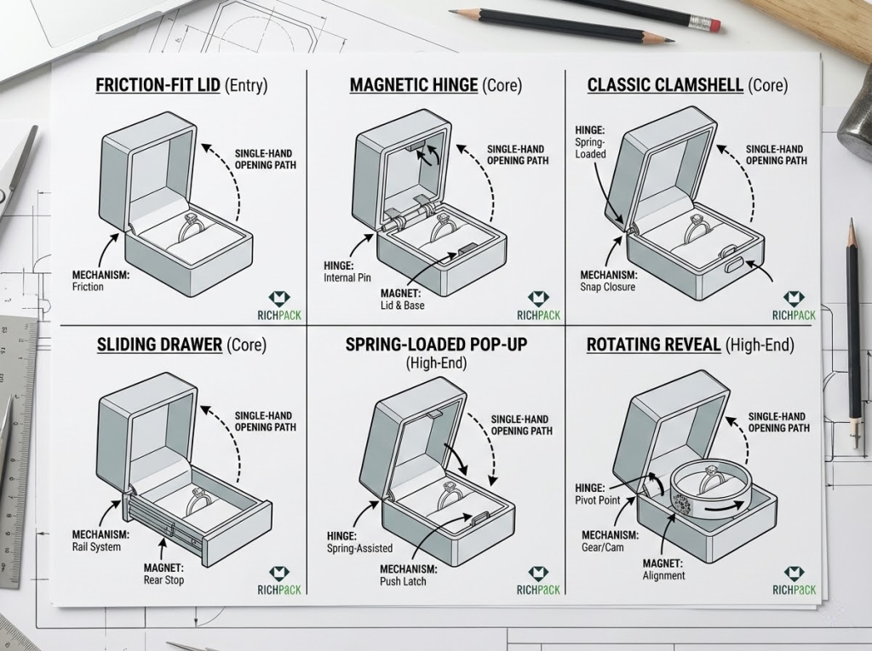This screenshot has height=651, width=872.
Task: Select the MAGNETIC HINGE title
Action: pyautogui.click(x=414, y=86)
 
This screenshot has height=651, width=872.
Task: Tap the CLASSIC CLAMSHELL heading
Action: pyautogui.click(x=665, y=86)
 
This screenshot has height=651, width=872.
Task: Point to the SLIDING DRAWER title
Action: pyautogui.click(x=160, y=345)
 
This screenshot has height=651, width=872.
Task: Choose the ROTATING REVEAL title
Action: pyautogui.click(x=654, y=345)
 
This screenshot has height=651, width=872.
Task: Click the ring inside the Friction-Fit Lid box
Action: pyautogui.click(x=191, y=226)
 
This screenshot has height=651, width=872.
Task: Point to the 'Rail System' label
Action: pyautogui.click(x=96, y=546)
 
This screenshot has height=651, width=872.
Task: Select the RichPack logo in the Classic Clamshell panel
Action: pyautogui.click(x=794, y=306)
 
